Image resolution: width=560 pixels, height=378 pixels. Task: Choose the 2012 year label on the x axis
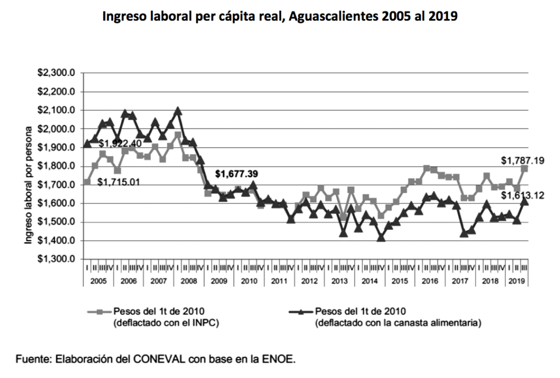(310, 281)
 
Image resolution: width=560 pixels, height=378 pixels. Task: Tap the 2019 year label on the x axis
(515, 281)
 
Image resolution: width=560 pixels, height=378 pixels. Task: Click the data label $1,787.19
(522, 161)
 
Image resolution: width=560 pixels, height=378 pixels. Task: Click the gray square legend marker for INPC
(99, 311)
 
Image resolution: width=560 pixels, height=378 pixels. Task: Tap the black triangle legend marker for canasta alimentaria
(301, 311)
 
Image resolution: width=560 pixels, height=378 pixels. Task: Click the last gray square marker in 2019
(524, 168)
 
